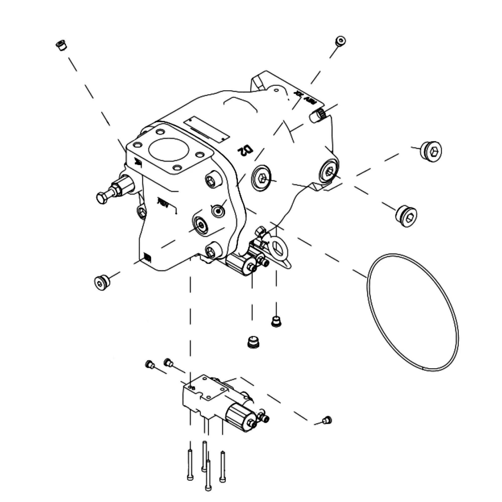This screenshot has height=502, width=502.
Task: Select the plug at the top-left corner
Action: click(x=61, y=45)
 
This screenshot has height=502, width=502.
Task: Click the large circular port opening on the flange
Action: click(x=169, y=149)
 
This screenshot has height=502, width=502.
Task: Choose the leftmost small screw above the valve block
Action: click(x=149, y=364)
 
